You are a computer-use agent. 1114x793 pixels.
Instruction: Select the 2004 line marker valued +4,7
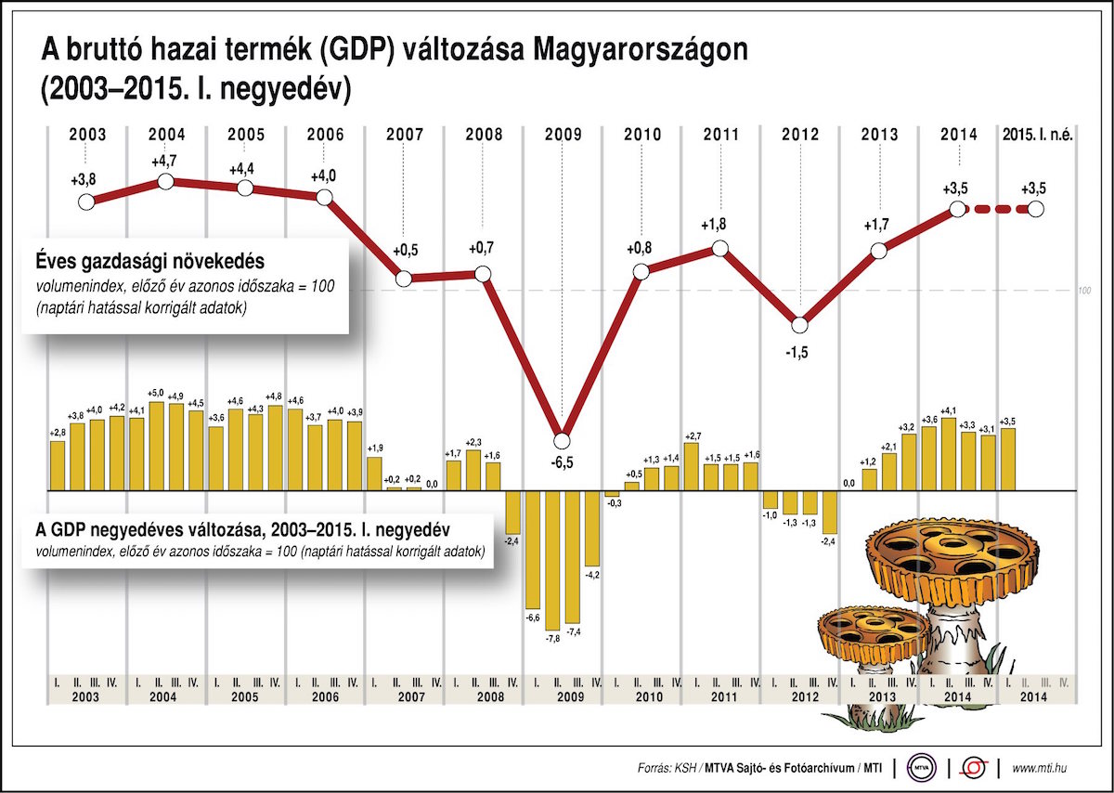166,181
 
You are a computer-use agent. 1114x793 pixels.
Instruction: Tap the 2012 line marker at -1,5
800,324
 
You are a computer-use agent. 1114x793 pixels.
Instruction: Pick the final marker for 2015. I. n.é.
1036,210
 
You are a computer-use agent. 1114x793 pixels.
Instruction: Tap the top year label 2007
405,135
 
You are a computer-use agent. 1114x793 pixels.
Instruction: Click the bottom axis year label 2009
563,696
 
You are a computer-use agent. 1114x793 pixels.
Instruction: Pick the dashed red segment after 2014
996,211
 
